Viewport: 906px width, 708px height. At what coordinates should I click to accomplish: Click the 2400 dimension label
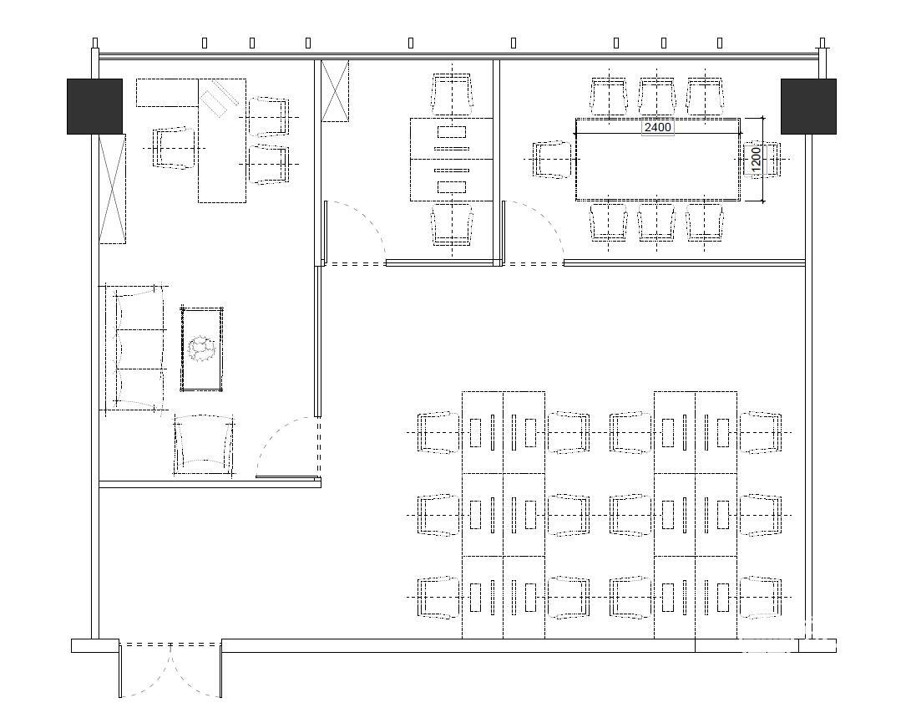click(x=657, y=127)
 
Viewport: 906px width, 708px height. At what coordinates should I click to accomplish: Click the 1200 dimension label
click(x=755, y=159)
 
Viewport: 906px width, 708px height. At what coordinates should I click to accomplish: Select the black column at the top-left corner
click(x=94, y=106)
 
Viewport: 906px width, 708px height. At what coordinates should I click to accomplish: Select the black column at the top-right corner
click(x=808, y=106)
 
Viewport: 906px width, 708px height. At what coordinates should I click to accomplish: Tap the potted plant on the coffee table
click(x=201, y=349)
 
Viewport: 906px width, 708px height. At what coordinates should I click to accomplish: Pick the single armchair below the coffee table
click(x=204, y=445)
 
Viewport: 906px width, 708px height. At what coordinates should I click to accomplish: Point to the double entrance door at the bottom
click(x=170, y=670)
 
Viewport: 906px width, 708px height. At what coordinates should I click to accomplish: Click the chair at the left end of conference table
click(x=553, y=159)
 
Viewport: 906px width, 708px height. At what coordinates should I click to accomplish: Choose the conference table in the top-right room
click(x=657, y=160)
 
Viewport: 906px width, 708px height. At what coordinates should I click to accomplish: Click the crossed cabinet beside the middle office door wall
click(x=335, y=91)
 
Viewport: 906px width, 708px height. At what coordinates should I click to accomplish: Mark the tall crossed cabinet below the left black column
click(x=113, y=189)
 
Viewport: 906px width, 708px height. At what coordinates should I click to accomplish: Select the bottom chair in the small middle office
click(x=452, y=224)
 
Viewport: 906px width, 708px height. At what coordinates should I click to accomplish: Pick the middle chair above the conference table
click(x=657, y=97)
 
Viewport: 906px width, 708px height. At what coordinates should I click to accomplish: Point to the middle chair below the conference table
click(x=656, y=222)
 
